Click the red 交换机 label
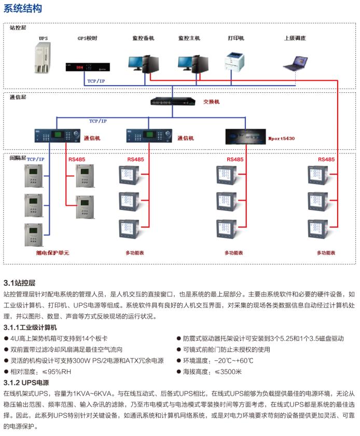click(x=211, y=102)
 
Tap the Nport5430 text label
click(x=281, y=138)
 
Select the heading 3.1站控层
click(x=19, y=283)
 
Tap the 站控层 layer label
click(x=18, y=27)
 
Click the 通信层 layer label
click(x=18, y=97)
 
